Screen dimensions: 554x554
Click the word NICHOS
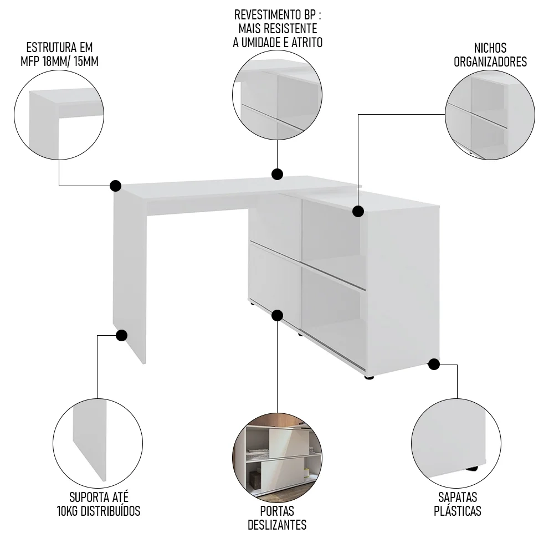(x=490, y=48)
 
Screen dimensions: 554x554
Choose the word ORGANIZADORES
(x=490, y=62)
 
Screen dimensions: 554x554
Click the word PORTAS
(x=277, y=510)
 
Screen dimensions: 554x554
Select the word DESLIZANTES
(x=277, y=525)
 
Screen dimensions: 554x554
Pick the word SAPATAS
(x=457, y=496)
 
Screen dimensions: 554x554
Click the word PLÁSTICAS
(x=457, y=511)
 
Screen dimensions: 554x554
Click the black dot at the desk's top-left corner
(x=115, y=185)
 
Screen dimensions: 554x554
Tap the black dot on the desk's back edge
(x=277, y=175)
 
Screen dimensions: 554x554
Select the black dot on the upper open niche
(x=358, y=211)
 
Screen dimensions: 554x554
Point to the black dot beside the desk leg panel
(x=122, y=335)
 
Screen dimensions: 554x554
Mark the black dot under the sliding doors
(x=278, y=316)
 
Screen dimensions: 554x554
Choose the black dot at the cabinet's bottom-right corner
(x=434, y=365)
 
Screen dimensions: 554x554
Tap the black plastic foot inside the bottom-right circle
(x=471, y=469)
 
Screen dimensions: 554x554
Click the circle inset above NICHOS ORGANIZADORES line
(x=490, y=115)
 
